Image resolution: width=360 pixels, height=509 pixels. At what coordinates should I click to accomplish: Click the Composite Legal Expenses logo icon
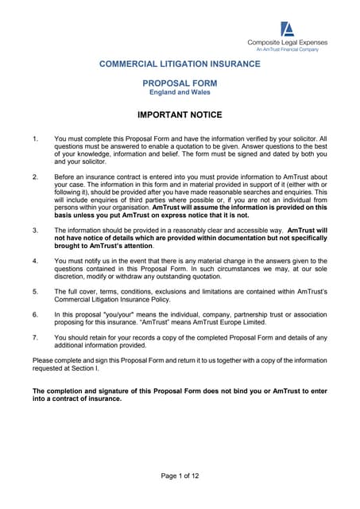point(288,29)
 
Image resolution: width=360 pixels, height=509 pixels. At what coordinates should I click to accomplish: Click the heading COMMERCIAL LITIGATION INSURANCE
point(179,64)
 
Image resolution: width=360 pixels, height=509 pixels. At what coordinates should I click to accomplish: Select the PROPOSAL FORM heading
point(179,83)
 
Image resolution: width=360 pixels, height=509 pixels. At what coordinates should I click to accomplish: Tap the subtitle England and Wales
point(179,92)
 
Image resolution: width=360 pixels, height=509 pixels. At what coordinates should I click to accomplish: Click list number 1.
point(34,139)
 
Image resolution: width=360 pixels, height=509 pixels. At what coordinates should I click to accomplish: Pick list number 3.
point(34,230)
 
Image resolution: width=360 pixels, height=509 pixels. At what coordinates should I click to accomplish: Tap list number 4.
point(34,261)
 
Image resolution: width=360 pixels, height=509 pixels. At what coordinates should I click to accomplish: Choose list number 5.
point(34,291)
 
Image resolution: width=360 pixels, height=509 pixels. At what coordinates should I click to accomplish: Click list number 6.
point(34,315)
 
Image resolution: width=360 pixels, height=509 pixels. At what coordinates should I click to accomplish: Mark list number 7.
point(34,337)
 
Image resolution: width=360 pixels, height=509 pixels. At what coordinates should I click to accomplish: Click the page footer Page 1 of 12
point(180,476)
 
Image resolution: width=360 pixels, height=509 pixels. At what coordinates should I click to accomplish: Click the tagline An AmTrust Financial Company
point(287,49)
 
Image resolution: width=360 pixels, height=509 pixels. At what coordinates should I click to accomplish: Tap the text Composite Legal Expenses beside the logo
point(287,42)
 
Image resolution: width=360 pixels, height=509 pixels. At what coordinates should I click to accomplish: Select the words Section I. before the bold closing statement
point(85,369)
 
